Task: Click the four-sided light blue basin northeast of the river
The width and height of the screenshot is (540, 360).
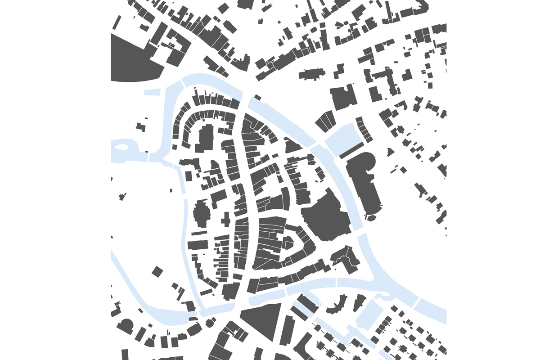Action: coord(342,138)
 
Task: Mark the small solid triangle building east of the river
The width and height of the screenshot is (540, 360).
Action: coord(390,152)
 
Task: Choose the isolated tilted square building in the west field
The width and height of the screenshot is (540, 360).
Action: coord(157,272)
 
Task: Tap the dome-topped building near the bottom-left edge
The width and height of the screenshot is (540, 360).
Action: coord(126,326)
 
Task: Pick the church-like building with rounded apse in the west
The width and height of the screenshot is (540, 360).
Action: coord(201,214)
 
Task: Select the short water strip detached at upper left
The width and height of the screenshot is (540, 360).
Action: coord(153,92)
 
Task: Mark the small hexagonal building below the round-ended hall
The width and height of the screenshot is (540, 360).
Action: coord(371,218)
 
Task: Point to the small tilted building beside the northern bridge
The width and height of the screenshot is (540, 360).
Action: coord(257,97)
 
